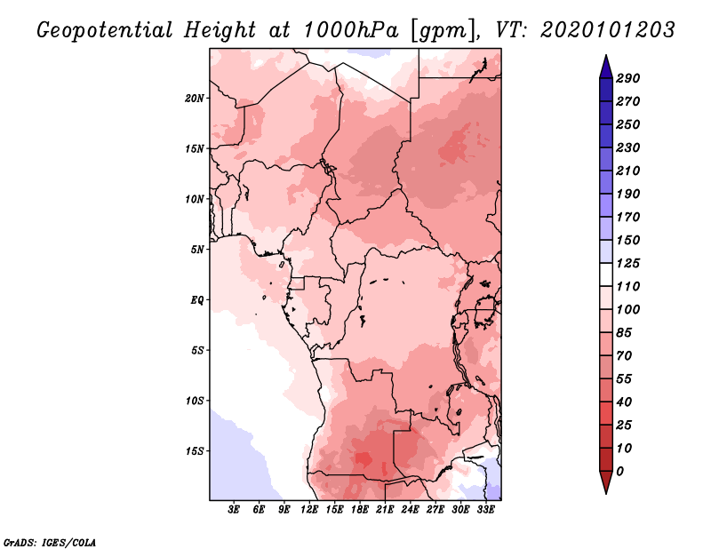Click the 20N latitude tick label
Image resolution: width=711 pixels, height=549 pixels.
tap(195, 99)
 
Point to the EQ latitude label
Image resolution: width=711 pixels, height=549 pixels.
tap(197, 300)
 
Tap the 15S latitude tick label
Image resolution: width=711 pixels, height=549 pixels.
tap(195, 451)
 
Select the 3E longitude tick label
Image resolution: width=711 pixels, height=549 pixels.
tap(234, 510)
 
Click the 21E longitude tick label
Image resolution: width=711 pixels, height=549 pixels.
tap(385, 510)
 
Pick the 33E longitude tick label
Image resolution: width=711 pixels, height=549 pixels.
tap(485, 510)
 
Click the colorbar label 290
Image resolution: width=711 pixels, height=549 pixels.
tap(628, 78)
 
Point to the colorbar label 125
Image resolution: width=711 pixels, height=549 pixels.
tap(628, 263)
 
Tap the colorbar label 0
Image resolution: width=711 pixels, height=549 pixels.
tap(620, 472)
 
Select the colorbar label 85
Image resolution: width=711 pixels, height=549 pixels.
tap(624, 333)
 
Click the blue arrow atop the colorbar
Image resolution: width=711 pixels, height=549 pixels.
tap(606, 67)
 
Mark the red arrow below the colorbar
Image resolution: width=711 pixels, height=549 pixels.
tap(606, 482)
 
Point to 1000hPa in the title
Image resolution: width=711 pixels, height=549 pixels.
tap(350, 30)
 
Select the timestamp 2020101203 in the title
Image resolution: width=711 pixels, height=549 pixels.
tap(608, 30)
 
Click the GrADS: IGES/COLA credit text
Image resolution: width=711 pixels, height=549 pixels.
tap(50, 542)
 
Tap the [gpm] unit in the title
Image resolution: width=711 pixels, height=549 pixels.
tap(445, 31)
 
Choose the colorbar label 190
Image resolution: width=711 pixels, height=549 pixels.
tap(628, 194)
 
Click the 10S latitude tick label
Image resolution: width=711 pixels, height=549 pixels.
tap(195, 401)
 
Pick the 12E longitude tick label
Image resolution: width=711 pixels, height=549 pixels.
tap(309, 510)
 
